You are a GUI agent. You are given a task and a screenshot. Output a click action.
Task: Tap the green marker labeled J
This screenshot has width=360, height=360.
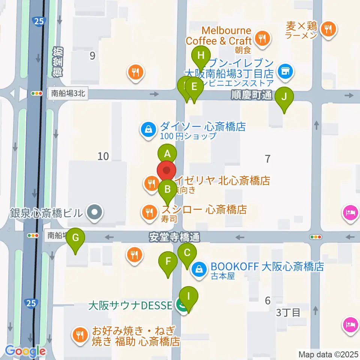pos(284,97)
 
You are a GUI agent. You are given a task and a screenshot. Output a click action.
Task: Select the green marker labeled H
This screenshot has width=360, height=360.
pos(201,57)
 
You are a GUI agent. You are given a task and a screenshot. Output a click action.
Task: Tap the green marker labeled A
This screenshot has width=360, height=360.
pos(167,154)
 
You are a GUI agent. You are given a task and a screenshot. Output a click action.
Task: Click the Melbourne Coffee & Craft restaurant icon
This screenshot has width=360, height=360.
pos(261,38)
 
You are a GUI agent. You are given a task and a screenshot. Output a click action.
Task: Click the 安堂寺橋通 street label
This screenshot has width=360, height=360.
pos(174,237)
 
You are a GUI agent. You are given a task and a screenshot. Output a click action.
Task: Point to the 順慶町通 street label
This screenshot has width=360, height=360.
pos(252,96)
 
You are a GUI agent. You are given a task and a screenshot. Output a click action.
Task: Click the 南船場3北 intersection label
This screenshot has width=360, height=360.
pos(67,94)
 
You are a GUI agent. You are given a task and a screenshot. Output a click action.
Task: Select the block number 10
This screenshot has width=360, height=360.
pos(103,156)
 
